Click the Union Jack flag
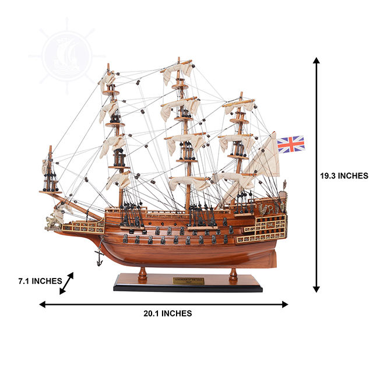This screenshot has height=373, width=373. [x=290, y=144]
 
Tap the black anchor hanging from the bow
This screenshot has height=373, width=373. [x=100, y=254]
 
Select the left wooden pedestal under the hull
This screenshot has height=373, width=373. [x=143, y=273]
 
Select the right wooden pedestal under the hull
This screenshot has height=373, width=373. [x=233, y=273]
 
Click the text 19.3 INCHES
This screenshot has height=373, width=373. [x=344, y=175]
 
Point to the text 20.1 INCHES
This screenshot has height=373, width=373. [x=167, y=314]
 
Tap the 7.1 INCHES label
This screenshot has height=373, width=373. [x=40, y=281]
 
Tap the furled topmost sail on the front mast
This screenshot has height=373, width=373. [x=110, y=80]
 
